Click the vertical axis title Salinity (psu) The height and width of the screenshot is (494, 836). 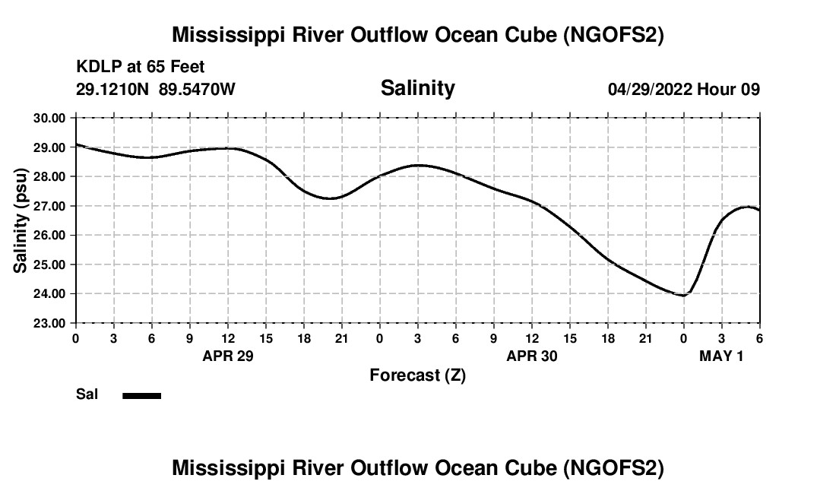click(x=21, y=221)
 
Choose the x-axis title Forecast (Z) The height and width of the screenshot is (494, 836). click(x=417, y=375)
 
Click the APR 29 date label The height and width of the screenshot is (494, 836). click(x=227, y=356)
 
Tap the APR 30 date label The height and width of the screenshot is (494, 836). click(x=531, y=356)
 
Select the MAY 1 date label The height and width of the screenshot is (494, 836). click(x=720, y=356)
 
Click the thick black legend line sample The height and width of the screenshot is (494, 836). click(x=142, y=395)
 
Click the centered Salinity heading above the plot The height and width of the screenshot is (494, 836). click(x=417, y=88)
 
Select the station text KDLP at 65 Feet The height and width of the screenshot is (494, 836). click(x=141, y=68)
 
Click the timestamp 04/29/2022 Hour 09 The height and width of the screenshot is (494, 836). click(x=683, y=89)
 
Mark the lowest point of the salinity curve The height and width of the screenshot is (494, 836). click(x=683, y=295)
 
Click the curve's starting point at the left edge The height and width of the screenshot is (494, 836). click(x=76, y=144)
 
